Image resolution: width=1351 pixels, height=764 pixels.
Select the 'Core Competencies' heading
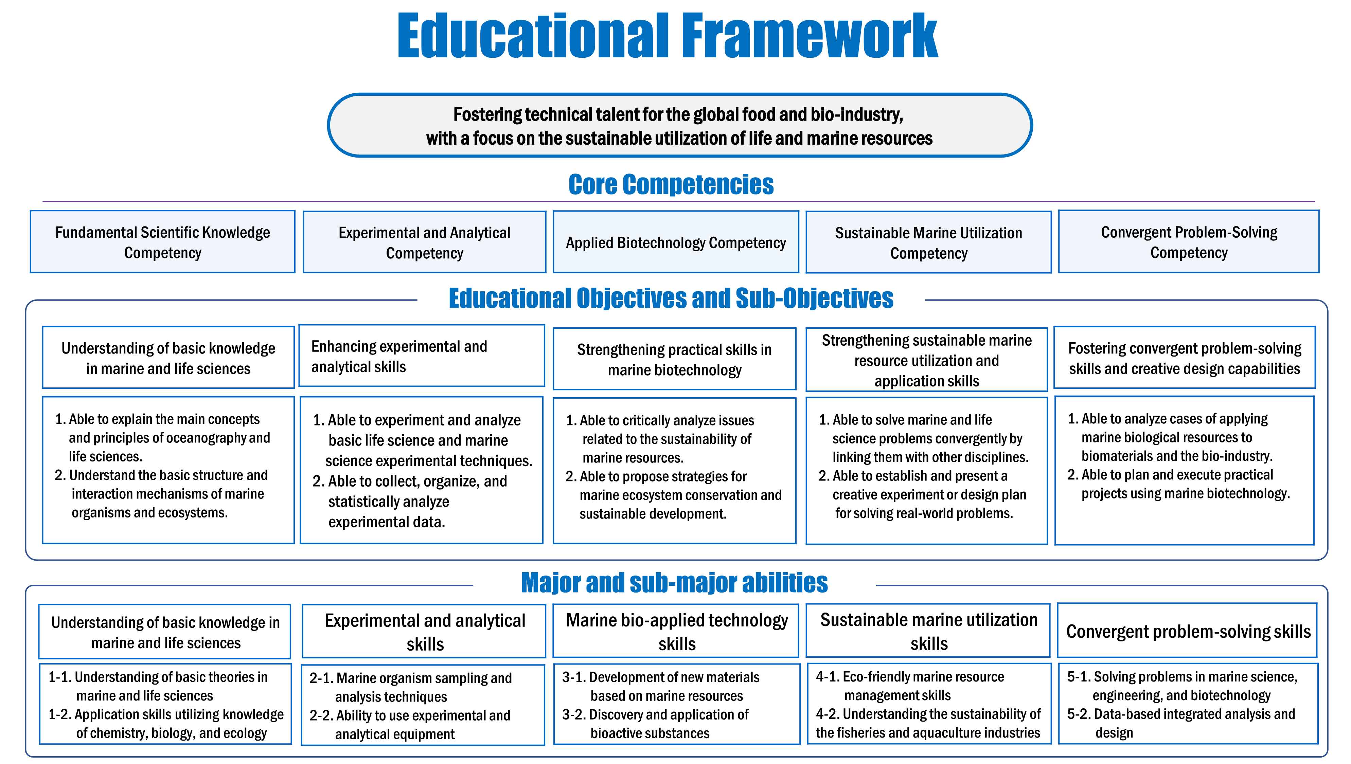(x=671, y=185)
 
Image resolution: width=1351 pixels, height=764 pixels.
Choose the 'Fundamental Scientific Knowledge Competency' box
(x=163, y=242)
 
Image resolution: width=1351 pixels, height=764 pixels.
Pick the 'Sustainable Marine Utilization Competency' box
(x=928, y=242)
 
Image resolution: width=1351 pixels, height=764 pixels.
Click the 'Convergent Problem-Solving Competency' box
(x=1189, y=242)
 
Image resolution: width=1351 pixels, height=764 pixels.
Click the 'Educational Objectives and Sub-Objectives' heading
(x=671, y=298)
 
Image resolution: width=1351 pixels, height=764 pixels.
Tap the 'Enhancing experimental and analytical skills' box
(x=422, y=356)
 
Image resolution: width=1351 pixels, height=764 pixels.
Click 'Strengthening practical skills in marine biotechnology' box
(x=674, y=360)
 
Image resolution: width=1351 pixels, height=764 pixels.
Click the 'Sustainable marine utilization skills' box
(x=928, y=631)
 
